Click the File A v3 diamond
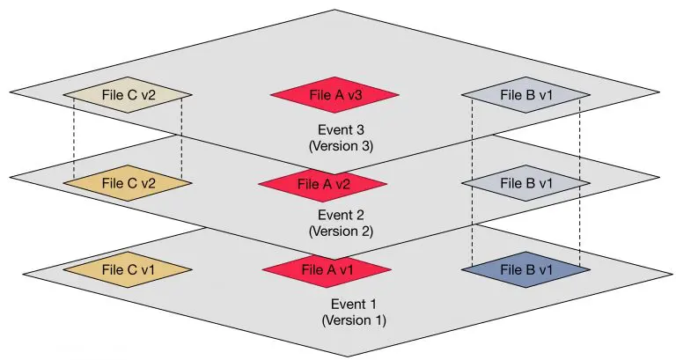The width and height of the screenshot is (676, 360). tap(334, 95)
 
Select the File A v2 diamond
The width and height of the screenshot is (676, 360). tap(323, 184)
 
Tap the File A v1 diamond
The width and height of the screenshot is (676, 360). tap(327, 269)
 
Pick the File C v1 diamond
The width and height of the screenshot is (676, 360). tap(128, 269)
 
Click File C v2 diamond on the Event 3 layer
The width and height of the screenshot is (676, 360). tap(128, 95)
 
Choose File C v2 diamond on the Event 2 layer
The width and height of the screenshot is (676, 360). tap(128, 183)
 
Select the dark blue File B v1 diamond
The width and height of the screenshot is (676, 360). tap(525, 269)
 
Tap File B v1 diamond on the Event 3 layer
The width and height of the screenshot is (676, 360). tap(525, 95)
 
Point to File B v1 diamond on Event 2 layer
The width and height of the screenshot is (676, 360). tap(525, 183)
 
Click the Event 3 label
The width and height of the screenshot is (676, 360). tap(329, 129)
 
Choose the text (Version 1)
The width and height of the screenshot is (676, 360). tap(353, 320)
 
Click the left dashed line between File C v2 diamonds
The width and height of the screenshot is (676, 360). tap(74, 136)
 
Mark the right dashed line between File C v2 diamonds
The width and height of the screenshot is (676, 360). tap(181, 136)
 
